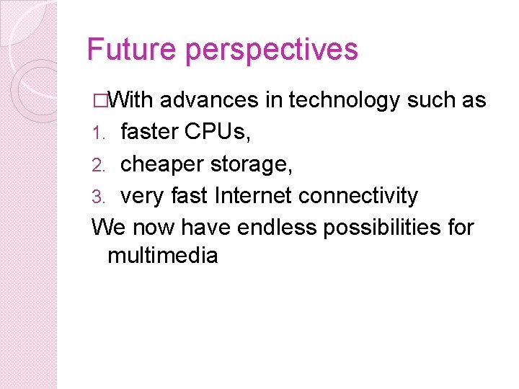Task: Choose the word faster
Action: [149, 132]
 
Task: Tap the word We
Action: [109, 227]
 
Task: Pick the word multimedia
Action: [162, 255]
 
